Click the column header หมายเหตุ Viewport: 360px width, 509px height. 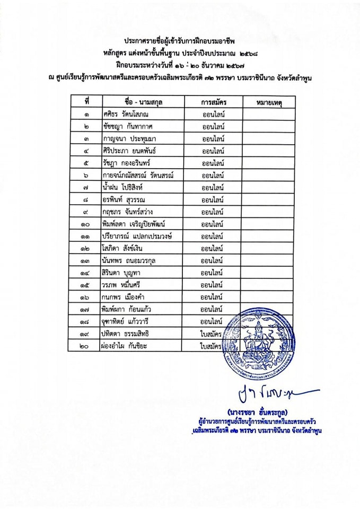click(268, 101)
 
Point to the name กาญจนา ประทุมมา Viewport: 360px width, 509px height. click(125, 139)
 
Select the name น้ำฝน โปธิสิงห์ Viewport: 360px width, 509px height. click(125, 188)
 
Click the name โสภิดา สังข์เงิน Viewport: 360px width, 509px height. click(122, 248)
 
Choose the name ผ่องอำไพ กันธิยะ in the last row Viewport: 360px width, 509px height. click(126, 346)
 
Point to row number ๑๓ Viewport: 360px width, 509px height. click(85, 260)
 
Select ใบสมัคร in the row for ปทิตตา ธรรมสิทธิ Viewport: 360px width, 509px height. click(210, 334)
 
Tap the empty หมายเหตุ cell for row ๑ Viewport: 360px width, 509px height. click(268, 113)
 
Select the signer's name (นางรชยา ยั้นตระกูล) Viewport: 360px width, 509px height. click(257, 411)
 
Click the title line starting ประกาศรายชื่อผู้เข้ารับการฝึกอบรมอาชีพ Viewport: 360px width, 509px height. click(179, 40)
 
